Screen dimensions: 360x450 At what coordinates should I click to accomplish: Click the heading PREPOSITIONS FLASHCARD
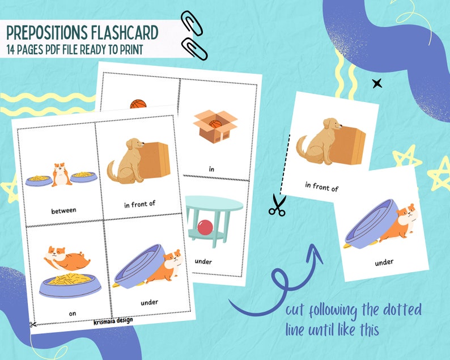point(83,32)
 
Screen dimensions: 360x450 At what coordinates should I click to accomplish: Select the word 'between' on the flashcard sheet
point(63,210)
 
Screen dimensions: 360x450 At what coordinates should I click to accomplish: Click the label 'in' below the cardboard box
point(211,168)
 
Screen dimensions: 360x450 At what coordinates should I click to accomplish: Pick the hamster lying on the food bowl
point(67,260)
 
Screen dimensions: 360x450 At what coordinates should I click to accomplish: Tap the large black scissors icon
point(277,205)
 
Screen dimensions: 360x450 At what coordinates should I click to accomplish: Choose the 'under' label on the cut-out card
point(383,262)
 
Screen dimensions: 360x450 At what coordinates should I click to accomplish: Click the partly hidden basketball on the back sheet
point(138,104)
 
